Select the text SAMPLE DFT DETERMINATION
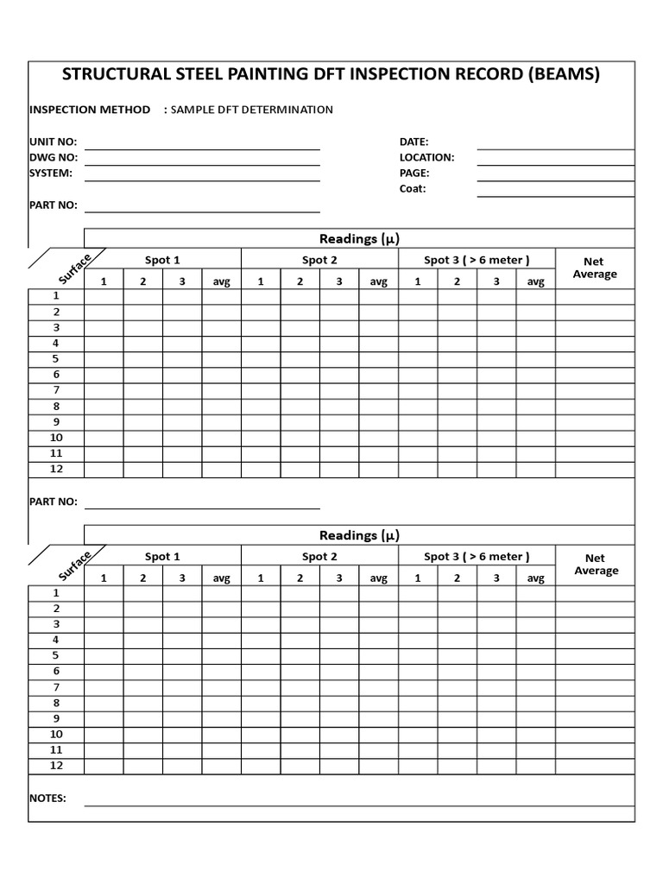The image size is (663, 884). click(252, 110)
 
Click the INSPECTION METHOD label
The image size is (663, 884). click(89, 110)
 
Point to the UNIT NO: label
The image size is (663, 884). click(53, 142)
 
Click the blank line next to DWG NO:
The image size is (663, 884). click(202, 163)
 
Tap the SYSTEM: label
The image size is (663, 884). click(51, 173)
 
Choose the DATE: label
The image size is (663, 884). click(414, 142)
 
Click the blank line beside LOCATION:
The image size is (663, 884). click(556, 163)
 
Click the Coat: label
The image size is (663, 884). click(412, 188)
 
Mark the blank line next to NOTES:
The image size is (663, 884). click(359, 804)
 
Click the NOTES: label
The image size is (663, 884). click(47, 799)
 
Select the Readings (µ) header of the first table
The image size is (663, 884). click(359, 238)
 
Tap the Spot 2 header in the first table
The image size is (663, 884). click(319, 260)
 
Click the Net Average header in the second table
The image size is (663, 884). click(595, 565)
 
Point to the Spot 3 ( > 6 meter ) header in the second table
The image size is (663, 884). click(477, 557)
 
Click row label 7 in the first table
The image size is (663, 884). click(56, 390)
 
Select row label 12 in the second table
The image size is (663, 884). click(56, 766)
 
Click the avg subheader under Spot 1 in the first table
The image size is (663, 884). click(222, 281)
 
